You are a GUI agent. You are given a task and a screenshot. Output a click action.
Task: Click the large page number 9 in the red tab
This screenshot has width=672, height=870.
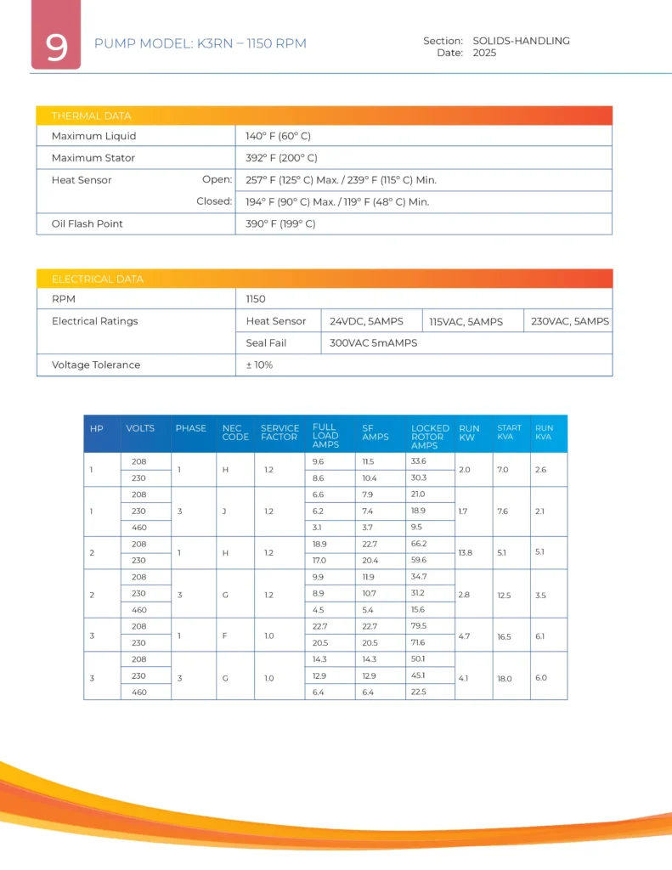[56, 48]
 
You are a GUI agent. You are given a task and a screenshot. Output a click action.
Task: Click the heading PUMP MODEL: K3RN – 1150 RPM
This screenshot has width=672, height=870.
[200, 43]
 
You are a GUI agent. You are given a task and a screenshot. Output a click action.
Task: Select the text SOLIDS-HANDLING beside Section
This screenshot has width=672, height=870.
[521, 41]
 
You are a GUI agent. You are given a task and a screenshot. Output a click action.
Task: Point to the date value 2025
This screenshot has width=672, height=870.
[484, 53]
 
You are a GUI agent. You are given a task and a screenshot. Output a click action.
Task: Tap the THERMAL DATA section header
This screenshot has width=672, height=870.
[92, 116]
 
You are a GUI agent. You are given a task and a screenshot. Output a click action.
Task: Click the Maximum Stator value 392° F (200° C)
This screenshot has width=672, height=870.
[281, 158]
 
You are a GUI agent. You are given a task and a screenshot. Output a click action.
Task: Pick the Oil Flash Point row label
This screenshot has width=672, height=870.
[87, 223]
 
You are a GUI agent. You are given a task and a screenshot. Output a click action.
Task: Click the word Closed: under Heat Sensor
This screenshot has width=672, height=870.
[214, 201]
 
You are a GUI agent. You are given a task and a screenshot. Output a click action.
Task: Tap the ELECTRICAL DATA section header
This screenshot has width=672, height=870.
[98, 279]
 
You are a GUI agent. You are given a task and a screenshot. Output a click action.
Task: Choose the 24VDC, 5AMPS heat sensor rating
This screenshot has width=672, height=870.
[366, 321]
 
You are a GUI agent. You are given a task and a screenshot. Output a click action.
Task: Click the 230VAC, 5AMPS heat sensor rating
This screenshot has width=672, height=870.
[569, 321]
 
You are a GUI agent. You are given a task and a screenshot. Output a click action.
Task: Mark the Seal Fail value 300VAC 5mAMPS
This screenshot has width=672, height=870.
[374, 343]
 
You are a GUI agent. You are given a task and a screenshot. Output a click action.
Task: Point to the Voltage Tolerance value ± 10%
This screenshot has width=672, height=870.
[259, 364]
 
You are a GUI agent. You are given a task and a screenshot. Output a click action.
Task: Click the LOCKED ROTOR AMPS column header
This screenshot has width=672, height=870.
[430, 437]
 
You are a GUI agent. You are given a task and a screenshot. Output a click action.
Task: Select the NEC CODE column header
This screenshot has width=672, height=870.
[235, 432]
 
